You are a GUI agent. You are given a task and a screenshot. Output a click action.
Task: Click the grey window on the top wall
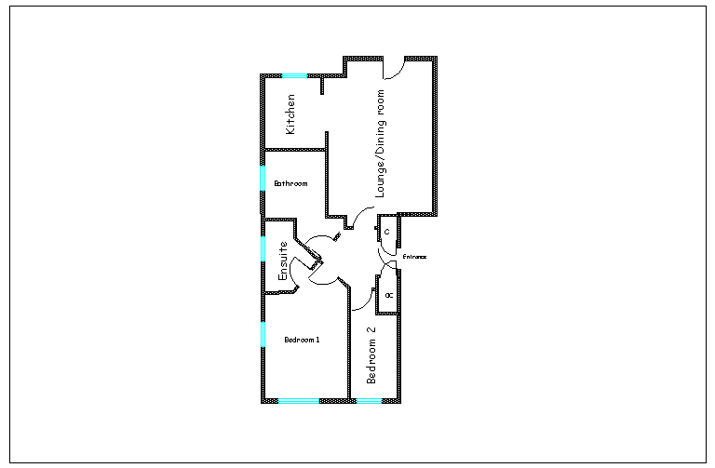pos(294,75)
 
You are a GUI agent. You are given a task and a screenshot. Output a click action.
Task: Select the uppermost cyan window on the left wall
pos(263,177)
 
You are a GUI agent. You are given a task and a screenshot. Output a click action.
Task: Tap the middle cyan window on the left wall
pos(263,248)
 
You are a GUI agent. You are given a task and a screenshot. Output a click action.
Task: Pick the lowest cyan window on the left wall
pos(263,333)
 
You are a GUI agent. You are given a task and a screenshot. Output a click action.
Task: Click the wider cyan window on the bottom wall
pos(298,401)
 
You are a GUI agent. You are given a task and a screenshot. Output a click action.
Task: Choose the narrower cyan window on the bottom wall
pos(369,401)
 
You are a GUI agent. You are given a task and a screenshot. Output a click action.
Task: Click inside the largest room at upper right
pos(382,140)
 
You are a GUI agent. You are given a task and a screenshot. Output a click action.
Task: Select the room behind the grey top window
pos(292,112)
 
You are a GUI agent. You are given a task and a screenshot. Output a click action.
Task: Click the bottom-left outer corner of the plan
pos(263,401)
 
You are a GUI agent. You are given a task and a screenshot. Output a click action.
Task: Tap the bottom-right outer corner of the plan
pos(399,401)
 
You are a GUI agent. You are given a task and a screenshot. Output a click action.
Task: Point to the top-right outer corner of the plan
pos(436,59)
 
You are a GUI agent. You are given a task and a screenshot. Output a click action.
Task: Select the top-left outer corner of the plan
pos(263,75)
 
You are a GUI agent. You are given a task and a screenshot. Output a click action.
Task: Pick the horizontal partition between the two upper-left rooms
pos(294,149)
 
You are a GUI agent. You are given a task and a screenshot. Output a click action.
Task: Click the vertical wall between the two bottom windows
pos(349,344)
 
